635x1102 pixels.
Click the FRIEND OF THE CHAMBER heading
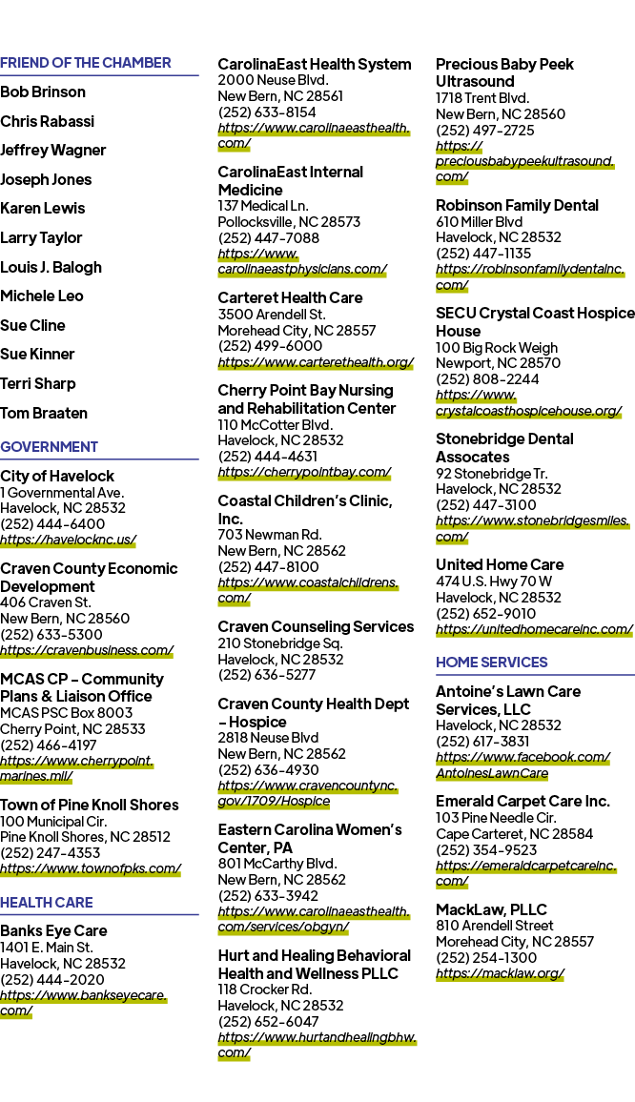click(x=86, y=63)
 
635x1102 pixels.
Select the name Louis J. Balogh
click(x=51, y=267)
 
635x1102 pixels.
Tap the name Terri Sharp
click(x=38, y=384)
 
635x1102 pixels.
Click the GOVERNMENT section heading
click(x=50, y=447)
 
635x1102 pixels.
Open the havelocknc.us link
click(x=69, y=540)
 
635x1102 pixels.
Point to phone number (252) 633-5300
click(x=51, y=635)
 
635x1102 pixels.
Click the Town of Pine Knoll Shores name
click(x=90, y=805)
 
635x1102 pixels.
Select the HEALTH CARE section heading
click(x=47, y=903)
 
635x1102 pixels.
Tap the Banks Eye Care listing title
click(x=53, y=931)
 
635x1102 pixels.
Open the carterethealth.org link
click(x=316, y=362)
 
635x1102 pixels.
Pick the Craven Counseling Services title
click(x=316, y=626)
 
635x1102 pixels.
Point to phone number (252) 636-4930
click(x=269, y=769)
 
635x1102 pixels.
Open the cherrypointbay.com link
click(x=304, y=472)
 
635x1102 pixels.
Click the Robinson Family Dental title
click(x=517, y=205)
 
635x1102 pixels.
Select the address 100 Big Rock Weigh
click(x=497, y=347)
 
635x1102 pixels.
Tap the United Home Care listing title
click(x=500, y=564)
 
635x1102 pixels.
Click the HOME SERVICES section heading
click(x=492, y=662)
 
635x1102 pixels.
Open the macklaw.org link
click(x=500, y=973)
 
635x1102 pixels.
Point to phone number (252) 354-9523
click(x=486, y=849)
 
